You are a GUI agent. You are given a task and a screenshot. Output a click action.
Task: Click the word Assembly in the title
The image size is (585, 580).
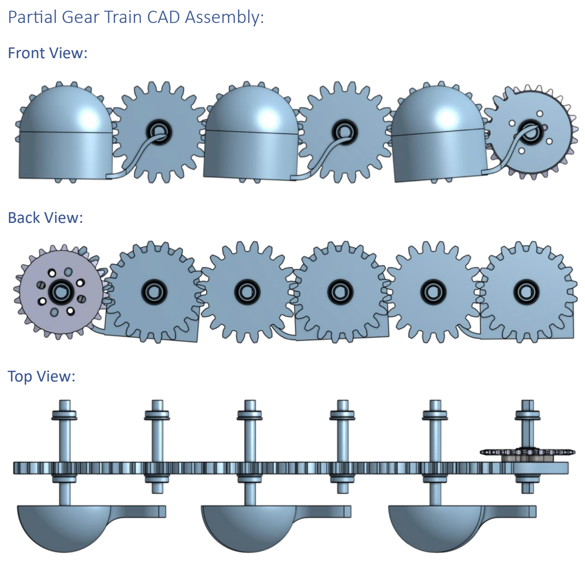pos(223,17)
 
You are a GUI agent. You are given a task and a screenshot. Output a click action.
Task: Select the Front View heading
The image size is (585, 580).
pos(47,53)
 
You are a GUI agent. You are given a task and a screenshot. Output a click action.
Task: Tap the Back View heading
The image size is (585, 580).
pos(45,218)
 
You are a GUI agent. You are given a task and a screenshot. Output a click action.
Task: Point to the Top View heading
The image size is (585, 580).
pos(41,376)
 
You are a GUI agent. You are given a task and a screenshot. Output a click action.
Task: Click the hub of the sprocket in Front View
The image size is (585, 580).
pos(531,131)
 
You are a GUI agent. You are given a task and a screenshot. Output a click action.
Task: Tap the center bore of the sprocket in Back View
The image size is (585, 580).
pos(61,292)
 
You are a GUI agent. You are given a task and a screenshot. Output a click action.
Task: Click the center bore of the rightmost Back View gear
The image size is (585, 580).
pos(525,292)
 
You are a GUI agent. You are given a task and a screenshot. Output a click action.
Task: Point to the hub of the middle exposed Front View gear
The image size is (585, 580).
pos(344,130)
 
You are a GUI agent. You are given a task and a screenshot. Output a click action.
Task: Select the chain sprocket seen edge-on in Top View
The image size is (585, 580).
pos(527,452)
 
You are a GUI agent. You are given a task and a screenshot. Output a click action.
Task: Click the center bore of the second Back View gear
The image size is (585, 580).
pos(153,292)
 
